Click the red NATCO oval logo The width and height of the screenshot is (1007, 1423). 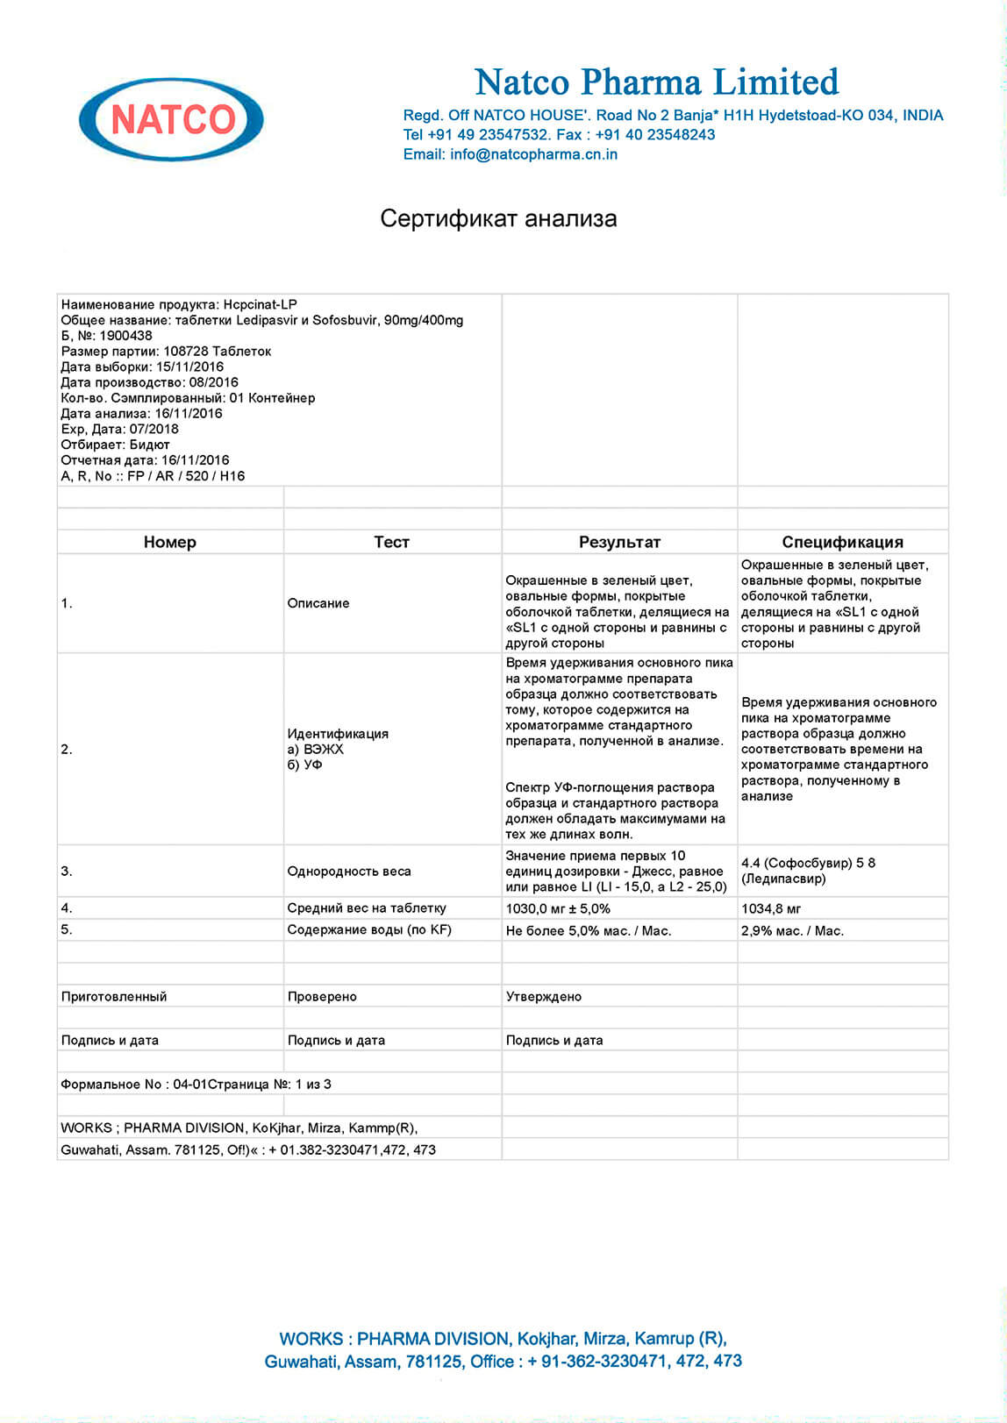click(172, 119)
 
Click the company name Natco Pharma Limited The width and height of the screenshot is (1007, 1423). click(656, 82)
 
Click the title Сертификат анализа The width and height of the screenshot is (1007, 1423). click(498, 218)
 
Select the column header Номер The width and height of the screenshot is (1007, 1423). click(169, 542)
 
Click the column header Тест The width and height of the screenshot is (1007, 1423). click(391, 542)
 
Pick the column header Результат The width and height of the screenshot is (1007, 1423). click(619, 542)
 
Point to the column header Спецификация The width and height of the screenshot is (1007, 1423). click(842, 542)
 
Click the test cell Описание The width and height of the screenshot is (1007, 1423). click(318, 603)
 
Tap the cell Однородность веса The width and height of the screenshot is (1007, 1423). click(349, 871)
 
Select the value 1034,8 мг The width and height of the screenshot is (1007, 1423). click(771, 908)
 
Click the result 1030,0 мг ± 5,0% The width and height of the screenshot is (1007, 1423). click(558, 908)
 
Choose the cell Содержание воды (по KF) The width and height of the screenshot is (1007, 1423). click(369, 929)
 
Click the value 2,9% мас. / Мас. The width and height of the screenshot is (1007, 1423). click(792, 930)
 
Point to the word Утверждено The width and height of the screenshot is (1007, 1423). click(544, 996)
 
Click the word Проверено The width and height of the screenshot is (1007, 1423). click(322, 996)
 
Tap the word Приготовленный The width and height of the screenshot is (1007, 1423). click(114, 996)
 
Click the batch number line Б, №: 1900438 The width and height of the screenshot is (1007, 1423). click(106, 335)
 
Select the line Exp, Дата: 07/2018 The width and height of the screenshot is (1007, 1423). click(119, 429)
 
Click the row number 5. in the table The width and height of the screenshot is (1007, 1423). click(67, 929)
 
